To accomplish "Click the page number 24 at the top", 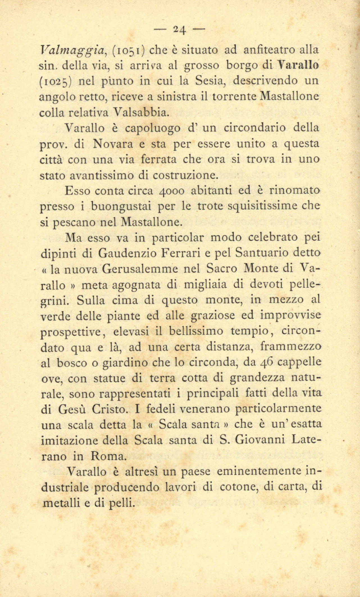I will [180, 29].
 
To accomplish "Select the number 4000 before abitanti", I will [172, 191].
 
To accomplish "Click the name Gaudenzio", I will [128, 253].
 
